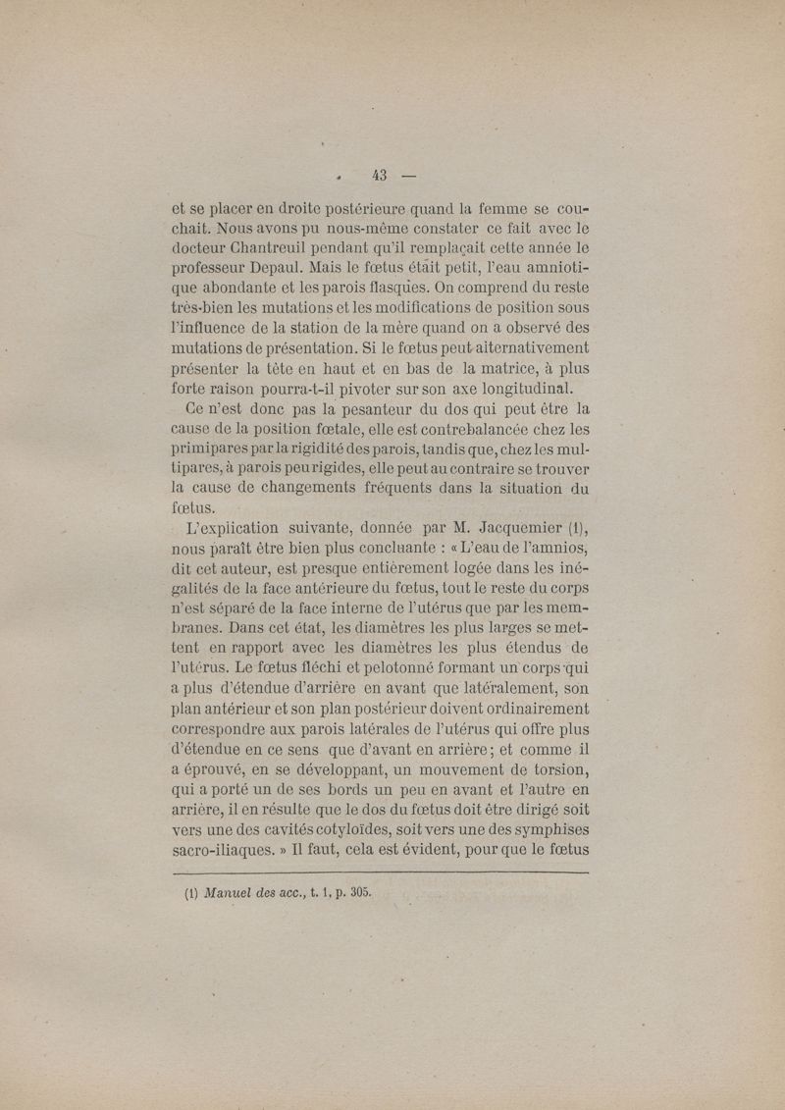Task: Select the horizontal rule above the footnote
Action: (x=381, y=872)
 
